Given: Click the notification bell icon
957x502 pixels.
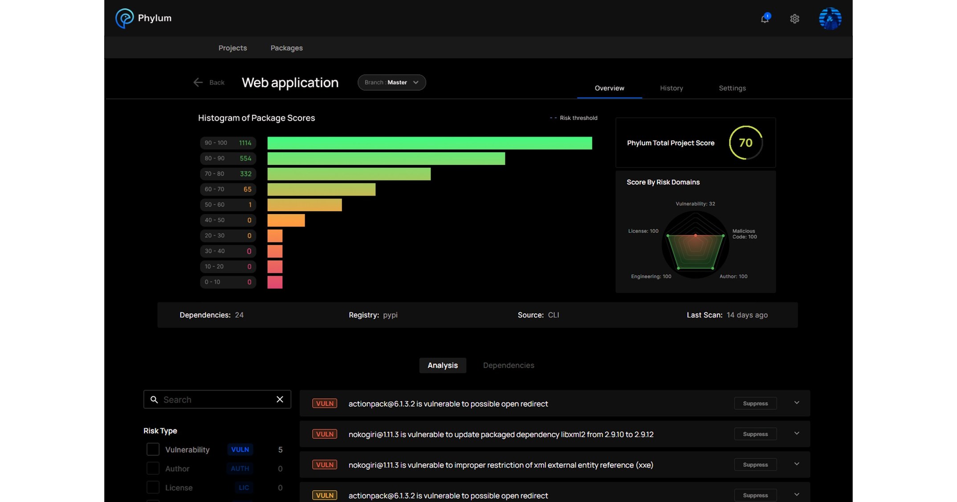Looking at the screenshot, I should pos(765,19).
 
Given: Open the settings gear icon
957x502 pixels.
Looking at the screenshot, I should pos(794,19).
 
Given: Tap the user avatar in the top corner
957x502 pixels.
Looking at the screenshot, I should pos(830,19).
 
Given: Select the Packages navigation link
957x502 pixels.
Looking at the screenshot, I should pos(286,48).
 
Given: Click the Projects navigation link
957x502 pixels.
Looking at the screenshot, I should pos(232,48).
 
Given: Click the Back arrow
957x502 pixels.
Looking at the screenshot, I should pos(198,82).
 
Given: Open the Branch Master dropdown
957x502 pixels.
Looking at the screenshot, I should pos(391,82).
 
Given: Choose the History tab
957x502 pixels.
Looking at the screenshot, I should pos(671,88).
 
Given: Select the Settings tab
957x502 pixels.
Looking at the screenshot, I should pos(732,88).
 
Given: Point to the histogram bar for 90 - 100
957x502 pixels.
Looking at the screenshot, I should pos(429,143).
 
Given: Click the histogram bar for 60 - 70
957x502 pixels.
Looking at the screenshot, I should pos(321,189).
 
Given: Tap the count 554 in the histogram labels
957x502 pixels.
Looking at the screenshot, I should pos(245,158).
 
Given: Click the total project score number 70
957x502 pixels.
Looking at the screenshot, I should pos(745,143).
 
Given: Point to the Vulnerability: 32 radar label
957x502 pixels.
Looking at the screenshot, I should pos(695,204).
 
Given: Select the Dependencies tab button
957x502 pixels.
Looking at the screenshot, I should pos(509,365).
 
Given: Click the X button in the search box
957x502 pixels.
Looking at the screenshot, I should pos(280,399).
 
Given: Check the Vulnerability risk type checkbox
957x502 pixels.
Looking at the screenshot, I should pos(153,449).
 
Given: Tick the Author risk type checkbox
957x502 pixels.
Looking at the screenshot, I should pos(153,469).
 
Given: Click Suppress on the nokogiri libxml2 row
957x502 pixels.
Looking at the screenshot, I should pos(755,434).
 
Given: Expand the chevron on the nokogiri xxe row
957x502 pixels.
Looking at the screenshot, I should pos(797,464).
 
